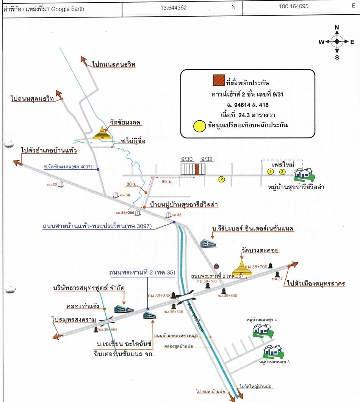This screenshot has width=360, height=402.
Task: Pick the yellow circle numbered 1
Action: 271,172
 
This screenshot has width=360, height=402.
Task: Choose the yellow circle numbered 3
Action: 282,172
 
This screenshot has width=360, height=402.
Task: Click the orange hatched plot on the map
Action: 197,169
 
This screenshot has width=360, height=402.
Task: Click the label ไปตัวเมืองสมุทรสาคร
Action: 316,283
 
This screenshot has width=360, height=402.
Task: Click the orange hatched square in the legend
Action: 218,81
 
